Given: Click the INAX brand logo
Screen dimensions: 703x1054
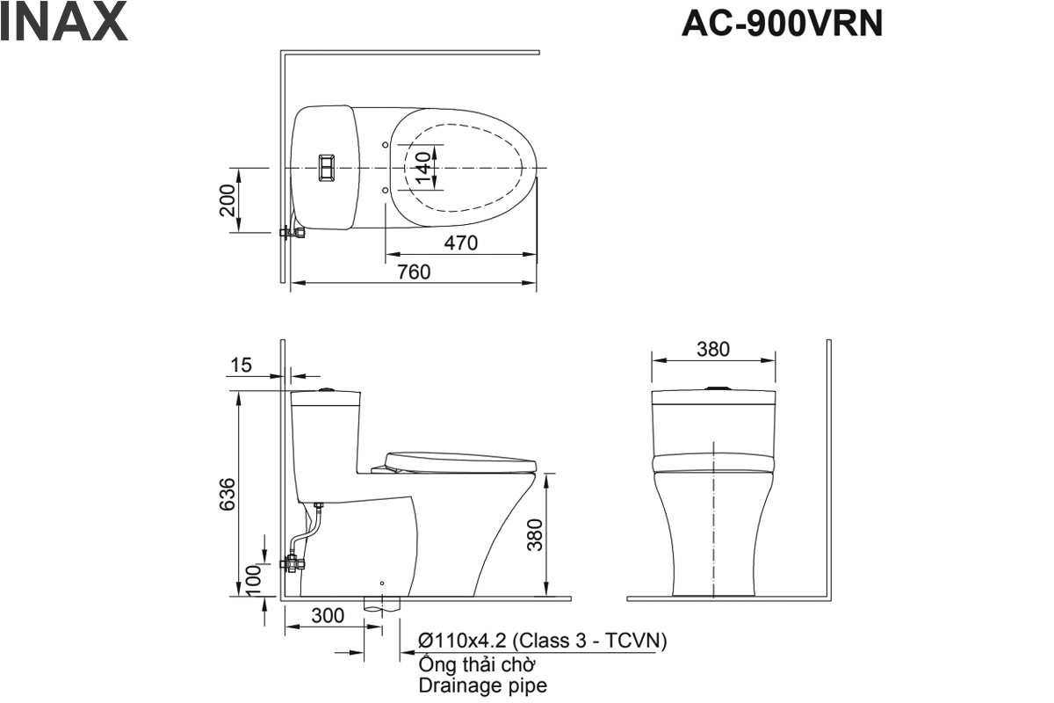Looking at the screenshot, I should coord(64,24).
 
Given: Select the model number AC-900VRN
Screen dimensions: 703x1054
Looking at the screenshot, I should coord(782,25).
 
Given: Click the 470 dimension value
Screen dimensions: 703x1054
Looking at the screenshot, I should coord(460,243).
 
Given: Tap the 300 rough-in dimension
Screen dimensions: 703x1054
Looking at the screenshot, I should coord(328,616).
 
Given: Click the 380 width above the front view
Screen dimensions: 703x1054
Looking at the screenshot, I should coord(712,349).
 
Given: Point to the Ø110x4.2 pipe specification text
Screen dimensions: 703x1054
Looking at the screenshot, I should coord(543,641).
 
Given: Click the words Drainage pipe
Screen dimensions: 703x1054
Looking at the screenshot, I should coord(482,685).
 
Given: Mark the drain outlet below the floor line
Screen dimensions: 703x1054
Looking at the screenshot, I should coord(382,605).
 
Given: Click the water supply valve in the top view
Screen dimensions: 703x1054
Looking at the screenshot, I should coord(292,233).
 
